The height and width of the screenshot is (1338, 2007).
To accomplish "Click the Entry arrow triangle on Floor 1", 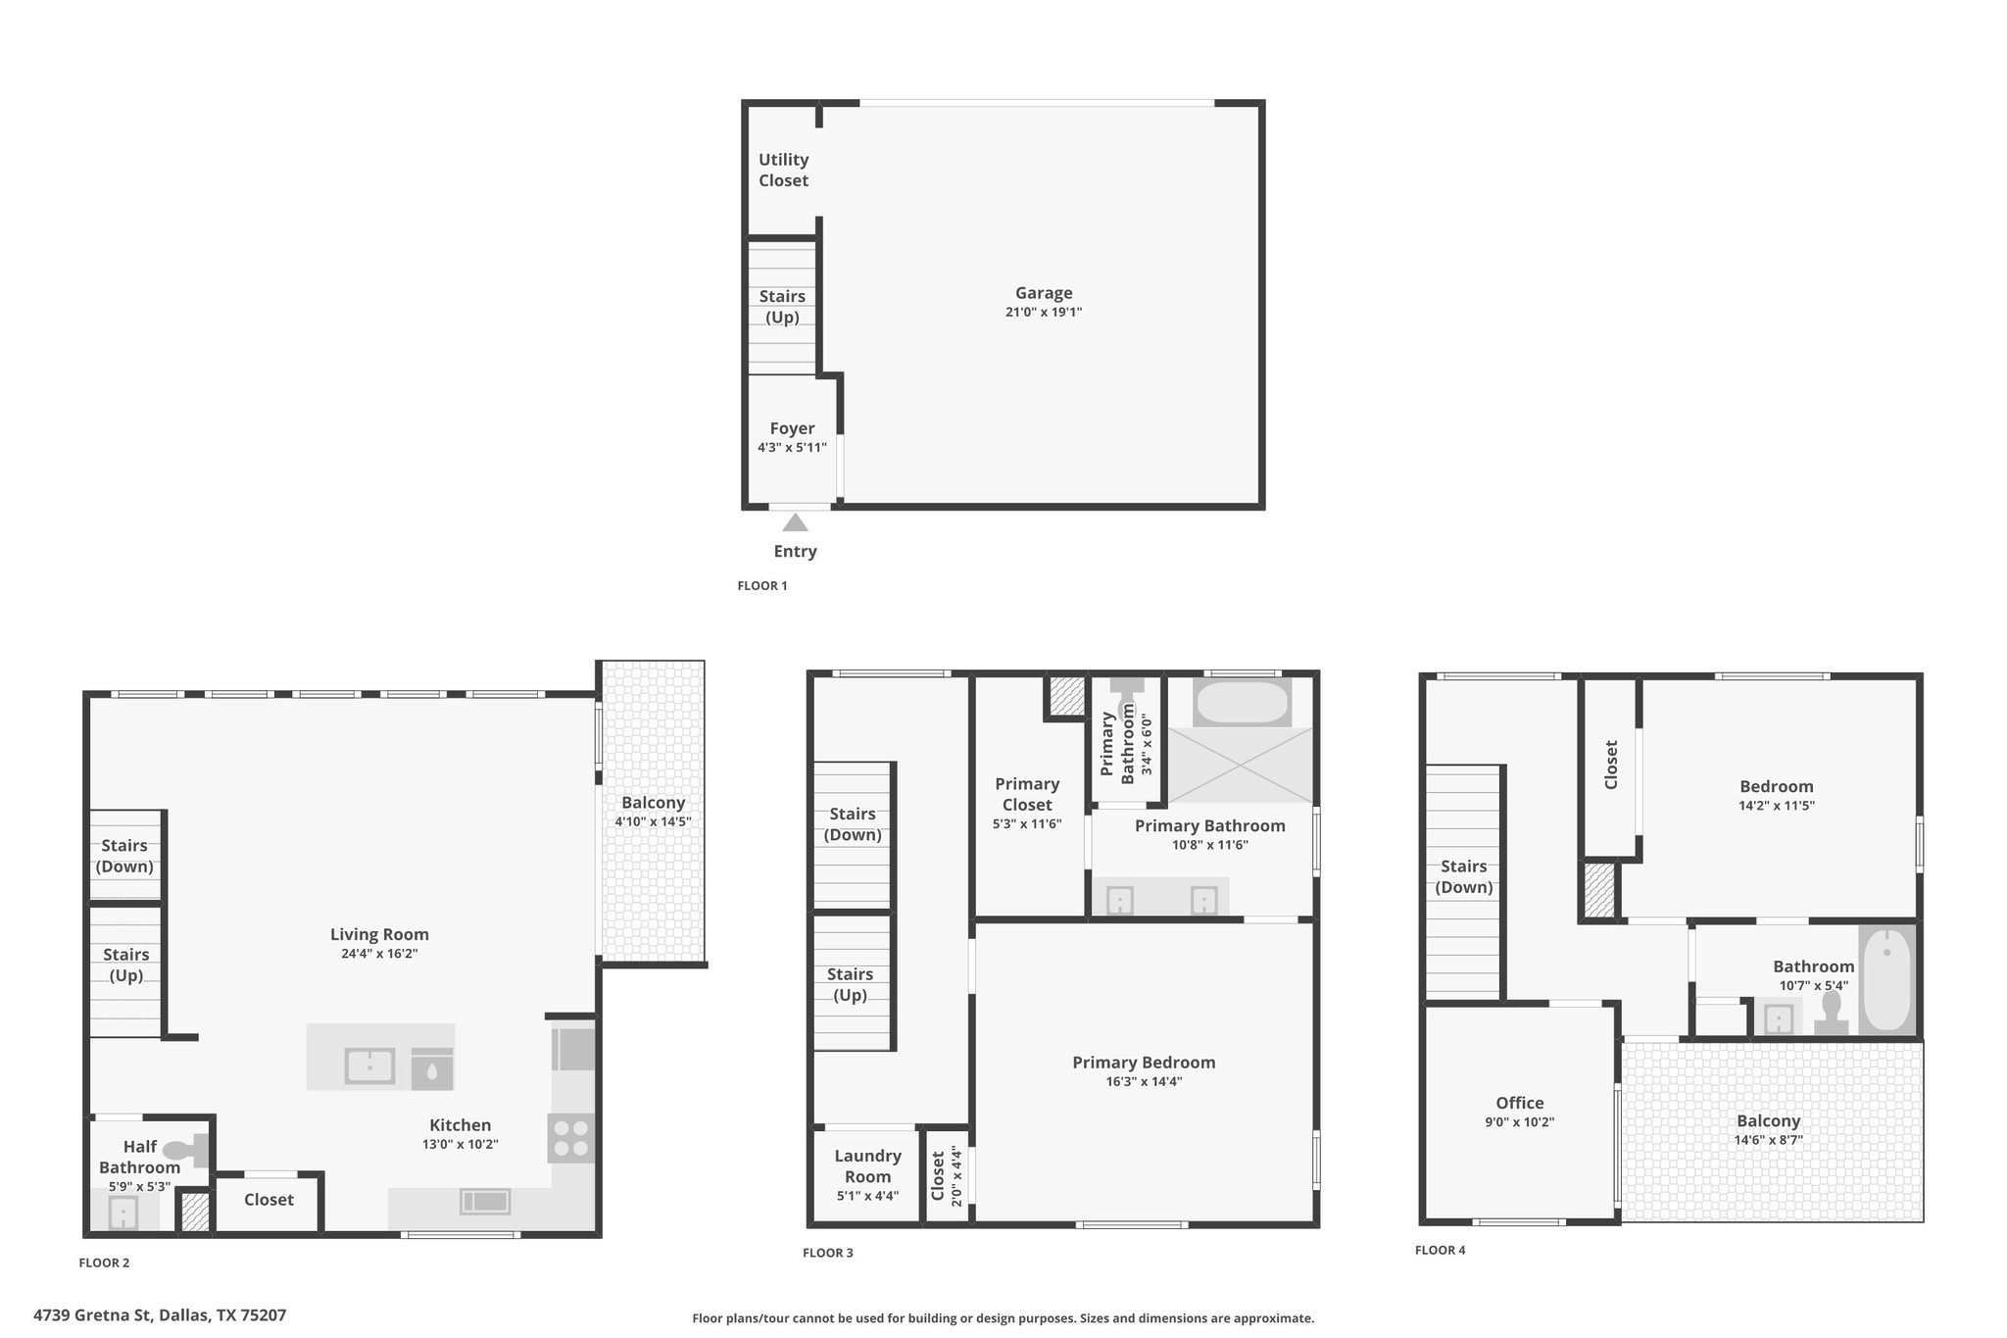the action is click(x=795, y=522).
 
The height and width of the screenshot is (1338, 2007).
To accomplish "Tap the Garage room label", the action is click(x=1044, y=293).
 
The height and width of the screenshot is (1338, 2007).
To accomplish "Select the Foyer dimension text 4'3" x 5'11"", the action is click(x=792, y=448).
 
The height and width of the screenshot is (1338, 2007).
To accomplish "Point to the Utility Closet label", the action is click(x=784, y=170).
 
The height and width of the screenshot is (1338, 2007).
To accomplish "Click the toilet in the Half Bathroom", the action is click(x=186, y=1150).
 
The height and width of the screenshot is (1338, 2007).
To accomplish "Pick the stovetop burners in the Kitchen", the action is click(x=571, y=1138).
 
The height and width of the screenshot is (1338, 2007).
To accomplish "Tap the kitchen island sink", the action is click(x=369, y=1065).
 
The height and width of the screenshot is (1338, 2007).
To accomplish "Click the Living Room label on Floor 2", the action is click(x=379, y=935).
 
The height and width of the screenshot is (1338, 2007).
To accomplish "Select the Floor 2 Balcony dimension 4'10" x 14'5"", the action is click(x=653, y=821).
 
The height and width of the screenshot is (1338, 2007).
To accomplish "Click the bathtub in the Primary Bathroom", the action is click(x=1242, y=702).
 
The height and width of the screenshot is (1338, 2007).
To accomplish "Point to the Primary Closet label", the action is click(x=1027, y=794).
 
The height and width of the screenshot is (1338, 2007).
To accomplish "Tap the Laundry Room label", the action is click(x=868, y=1166).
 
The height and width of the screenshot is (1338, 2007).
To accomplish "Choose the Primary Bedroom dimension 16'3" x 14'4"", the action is click(x=1144, y=1082).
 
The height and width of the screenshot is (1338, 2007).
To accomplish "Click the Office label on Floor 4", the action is click(x=1520, y=1103).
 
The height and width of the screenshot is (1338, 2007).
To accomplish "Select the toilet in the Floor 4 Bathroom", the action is click(x=1831, y=1014).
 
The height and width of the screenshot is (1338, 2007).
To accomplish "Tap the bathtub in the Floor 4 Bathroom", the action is click(x=1886, y=978).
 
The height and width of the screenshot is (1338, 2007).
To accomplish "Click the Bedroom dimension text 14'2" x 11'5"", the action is click(x=1777, y=806).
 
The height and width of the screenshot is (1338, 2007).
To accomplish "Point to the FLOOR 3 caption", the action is click(x=828, y=1253).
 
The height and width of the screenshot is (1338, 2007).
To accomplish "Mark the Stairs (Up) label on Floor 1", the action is click(x=782, y=307).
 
